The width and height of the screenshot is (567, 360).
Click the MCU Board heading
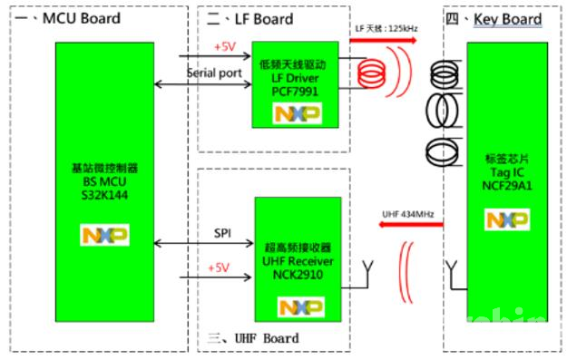point(64,19)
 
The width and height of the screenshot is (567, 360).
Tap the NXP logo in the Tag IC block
point(506,220)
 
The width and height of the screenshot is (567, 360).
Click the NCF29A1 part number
point(506,184)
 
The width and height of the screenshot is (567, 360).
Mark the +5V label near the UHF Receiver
point(218,268)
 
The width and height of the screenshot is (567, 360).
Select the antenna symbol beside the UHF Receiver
point(368,268)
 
